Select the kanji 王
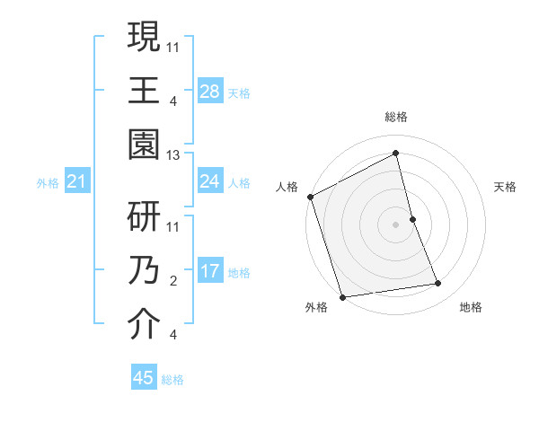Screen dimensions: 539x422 coord(144,91)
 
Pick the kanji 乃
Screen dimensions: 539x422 coord(144,271)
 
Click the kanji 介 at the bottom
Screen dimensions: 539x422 coord(144,326)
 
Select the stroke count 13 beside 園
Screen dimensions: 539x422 coord(173,155)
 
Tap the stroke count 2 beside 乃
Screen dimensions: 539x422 coord(173,281)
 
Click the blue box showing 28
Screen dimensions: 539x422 coord(210,91)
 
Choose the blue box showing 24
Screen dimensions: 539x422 coord(210,181)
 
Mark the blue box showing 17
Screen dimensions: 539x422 coord(210,271)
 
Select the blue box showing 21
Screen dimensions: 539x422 coord(77,182)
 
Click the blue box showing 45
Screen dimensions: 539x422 coord(144,378)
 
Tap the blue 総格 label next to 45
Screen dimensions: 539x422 coord(172,380)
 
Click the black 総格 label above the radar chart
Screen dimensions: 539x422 coord(396,117)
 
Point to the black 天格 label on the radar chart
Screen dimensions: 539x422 coord(505,187)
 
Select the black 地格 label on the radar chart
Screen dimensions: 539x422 coord(471,307)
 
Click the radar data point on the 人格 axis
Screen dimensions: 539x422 coord(310,197)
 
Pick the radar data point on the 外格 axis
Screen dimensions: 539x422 coord(342,296)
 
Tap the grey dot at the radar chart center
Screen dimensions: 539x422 coord(395,224)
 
